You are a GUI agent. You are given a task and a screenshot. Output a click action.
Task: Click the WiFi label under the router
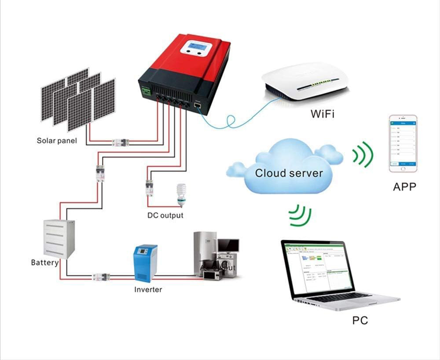coord(323,114)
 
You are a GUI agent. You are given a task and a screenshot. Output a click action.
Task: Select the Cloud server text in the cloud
coord(289,173)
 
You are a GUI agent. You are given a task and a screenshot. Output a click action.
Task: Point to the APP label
coord(404,187)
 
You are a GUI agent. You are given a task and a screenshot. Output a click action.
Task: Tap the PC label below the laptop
coord(360,320)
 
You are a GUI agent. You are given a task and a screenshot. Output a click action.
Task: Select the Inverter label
coord(148,290)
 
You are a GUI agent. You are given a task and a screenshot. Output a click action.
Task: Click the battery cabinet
coord(59,238)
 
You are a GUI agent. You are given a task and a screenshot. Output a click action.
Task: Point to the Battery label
coord(44,263)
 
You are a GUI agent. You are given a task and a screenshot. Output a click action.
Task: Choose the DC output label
coord(165,216)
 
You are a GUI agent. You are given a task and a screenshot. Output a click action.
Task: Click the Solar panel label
coord(57,141)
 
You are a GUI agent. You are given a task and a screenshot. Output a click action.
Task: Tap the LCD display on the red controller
coord(196,46)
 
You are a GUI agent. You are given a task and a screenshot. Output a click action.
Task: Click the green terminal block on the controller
coord(146,91)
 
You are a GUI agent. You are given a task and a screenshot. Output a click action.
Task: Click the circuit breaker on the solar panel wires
coord(120,142)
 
